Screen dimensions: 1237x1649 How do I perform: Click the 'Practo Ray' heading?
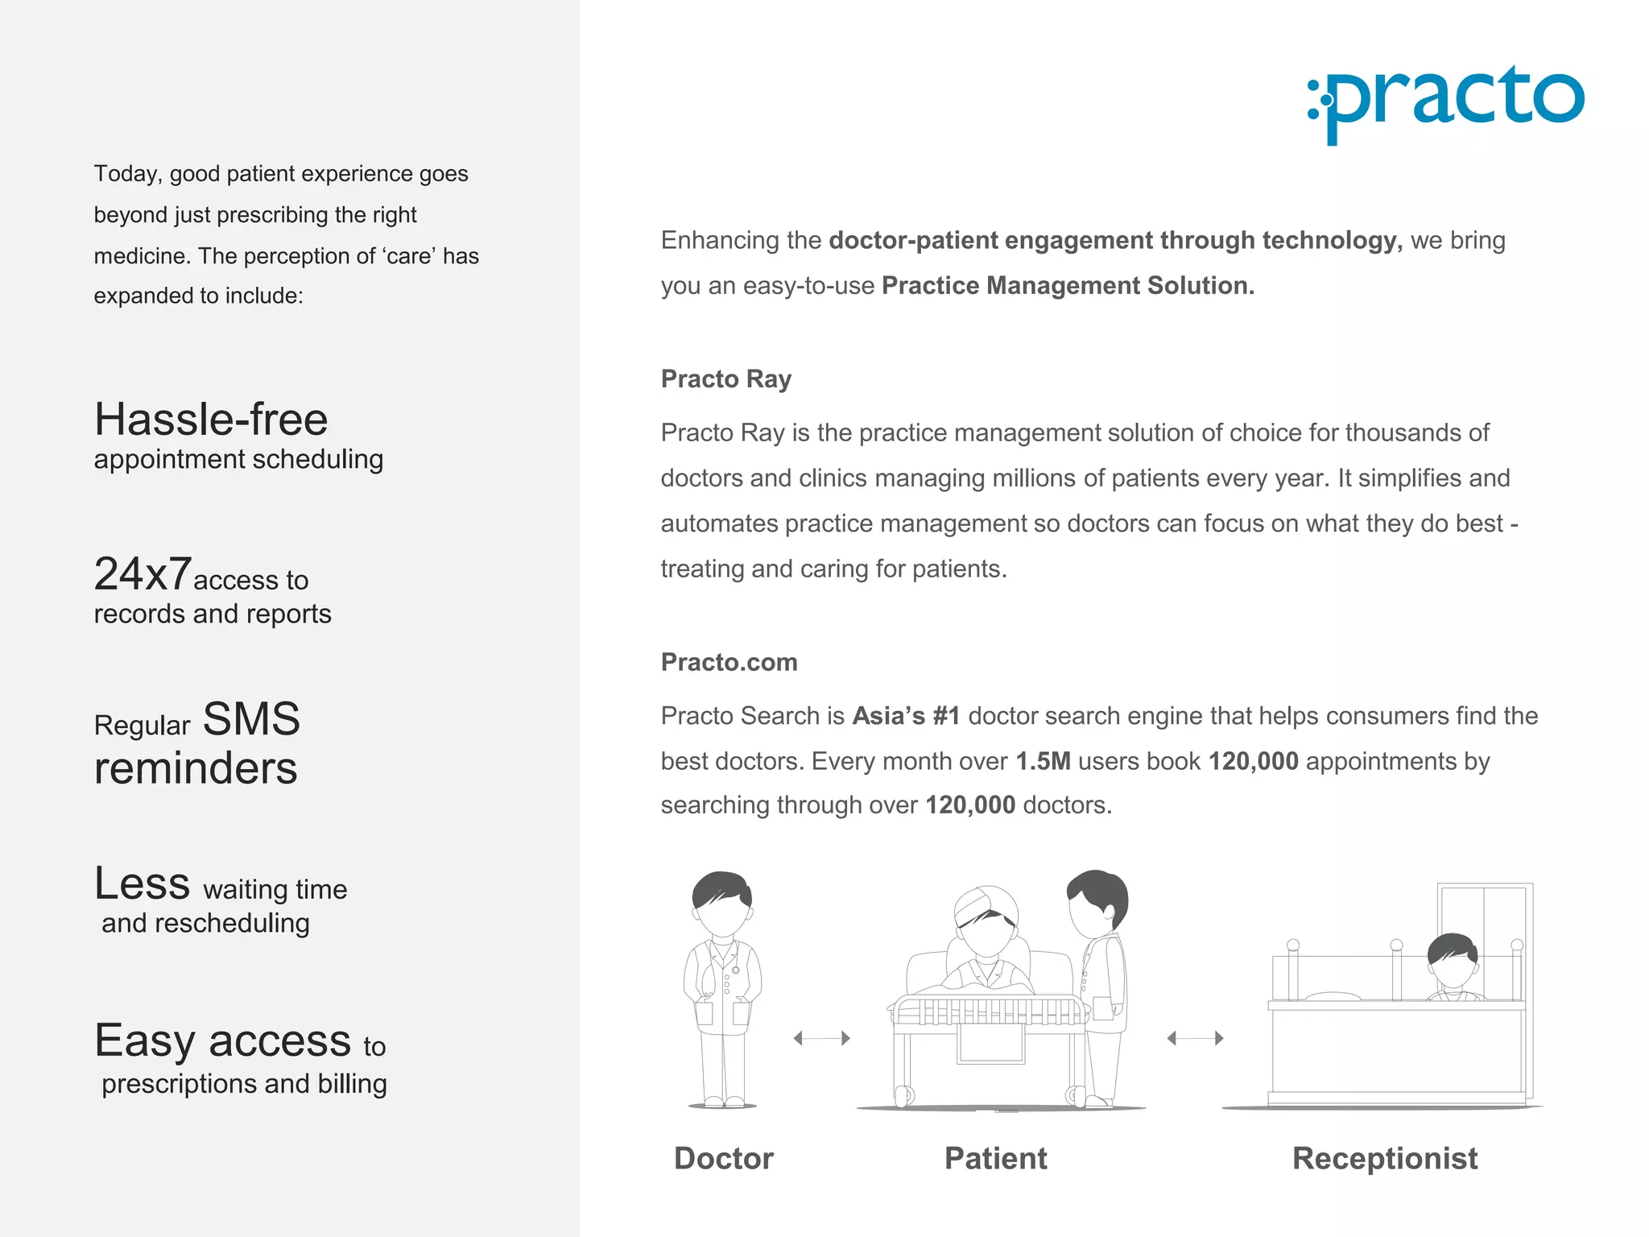click(x=725, y=379)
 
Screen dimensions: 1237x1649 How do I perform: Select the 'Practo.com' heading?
click(x=729, y=662)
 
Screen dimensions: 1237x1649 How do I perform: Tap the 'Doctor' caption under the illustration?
click(x=723, y=1158)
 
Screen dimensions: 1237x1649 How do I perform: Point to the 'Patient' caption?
click(x=995, y=1158)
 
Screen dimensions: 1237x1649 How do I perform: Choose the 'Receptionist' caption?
click(x=1384, y=1158)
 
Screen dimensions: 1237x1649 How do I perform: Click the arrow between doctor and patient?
click(x=821, y=1038)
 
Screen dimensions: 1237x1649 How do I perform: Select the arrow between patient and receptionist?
click(x=1195, y=1038)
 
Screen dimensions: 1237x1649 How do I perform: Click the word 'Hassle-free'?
click(x=211, y=420)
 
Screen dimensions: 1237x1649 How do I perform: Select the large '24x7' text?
click(x=143, y=574)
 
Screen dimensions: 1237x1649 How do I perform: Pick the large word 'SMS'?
click(x=251, y=718)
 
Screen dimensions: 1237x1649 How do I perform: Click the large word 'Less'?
click(x=143, y=883)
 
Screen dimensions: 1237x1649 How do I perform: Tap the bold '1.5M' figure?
click(x=1043, y=761)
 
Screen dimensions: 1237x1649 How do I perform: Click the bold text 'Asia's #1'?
click(x=906, y=716)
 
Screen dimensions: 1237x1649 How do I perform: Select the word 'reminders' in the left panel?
click(x=196, y=768)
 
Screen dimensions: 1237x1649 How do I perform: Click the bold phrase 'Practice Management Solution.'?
click(x=1068, y=286)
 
